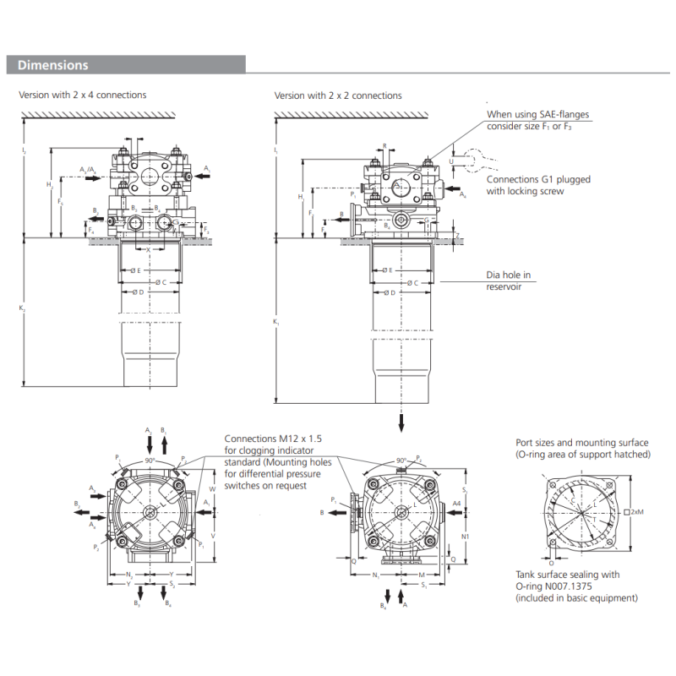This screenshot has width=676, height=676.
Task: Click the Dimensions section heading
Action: point(53,65)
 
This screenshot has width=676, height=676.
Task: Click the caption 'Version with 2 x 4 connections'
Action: point(83,95)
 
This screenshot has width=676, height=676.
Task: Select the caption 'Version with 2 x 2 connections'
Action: point(338,95)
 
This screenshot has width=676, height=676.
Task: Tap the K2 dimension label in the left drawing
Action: point(22,309)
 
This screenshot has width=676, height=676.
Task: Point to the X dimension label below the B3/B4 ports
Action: point(149,249)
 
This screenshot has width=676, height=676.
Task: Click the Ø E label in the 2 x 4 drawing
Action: point(134,270)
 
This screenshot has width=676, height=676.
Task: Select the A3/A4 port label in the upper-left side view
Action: point(88,170)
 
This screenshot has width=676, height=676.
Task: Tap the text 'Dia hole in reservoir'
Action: point(510,281)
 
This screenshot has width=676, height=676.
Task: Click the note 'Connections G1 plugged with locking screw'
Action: point(538,185)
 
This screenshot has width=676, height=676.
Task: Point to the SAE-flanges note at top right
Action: point(537,120)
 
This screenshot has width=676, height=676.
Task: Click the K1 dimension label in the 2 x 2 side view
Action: point(276,322)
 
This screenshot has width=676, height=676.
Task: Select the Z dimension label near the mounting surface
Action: point(458,236)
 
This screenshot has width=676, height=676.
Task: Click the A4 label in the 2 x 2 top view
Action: point(456,504)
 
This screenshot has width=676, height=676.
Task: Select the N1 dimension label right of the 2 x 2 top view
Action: point(466,537)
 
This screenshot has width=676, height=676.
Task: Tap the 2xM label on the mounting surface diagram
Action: point(637,511)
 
